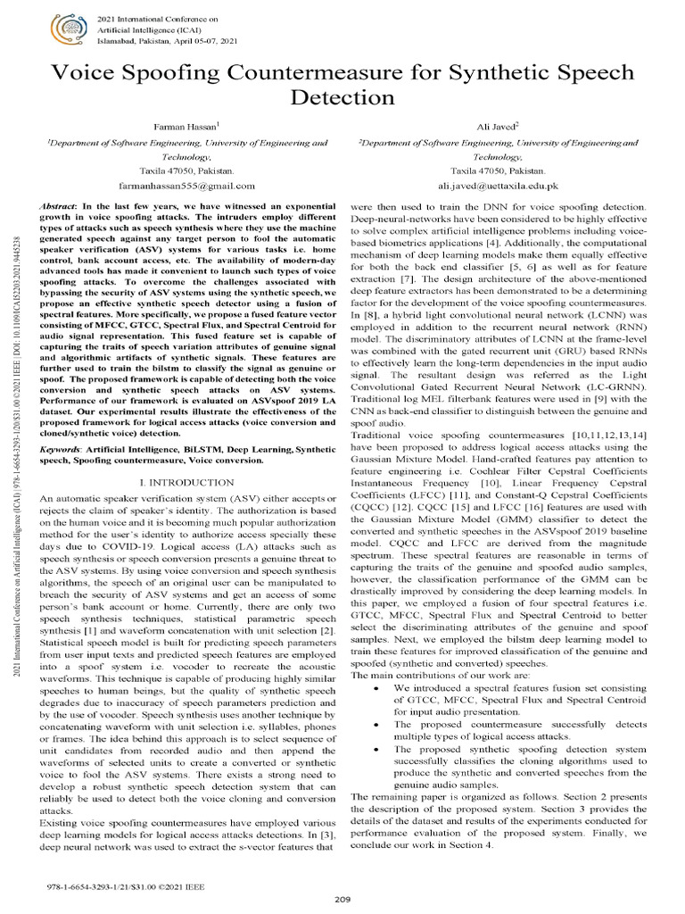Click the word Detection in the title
click(x=342, y=97)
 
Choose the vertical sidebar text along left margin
click(x=16, y=446)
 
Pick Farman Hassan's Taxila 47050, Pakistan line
click(x=188, y=170)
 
